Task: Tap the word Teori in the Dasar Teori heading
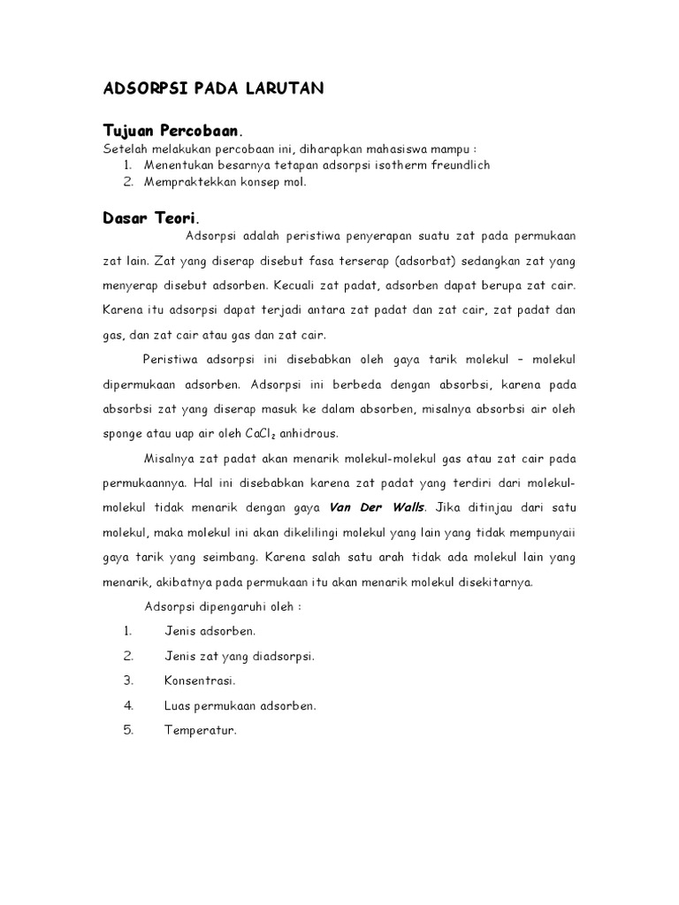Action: [x=172, y=217]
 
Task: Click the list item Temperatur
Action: [x=201, y=730]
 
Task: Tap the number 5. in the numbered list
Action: [x=128, y=730]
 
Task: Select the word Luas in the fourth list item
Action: [x=178, y=705]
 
